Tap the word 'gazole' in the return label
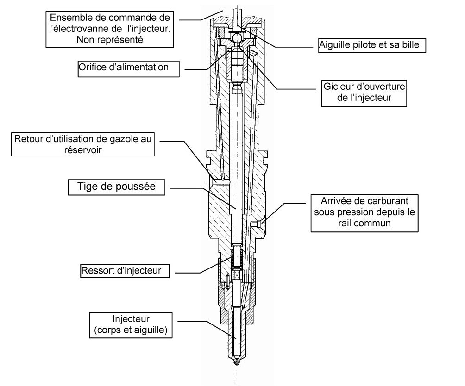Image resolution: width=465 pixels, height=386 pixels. point(124,139)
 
